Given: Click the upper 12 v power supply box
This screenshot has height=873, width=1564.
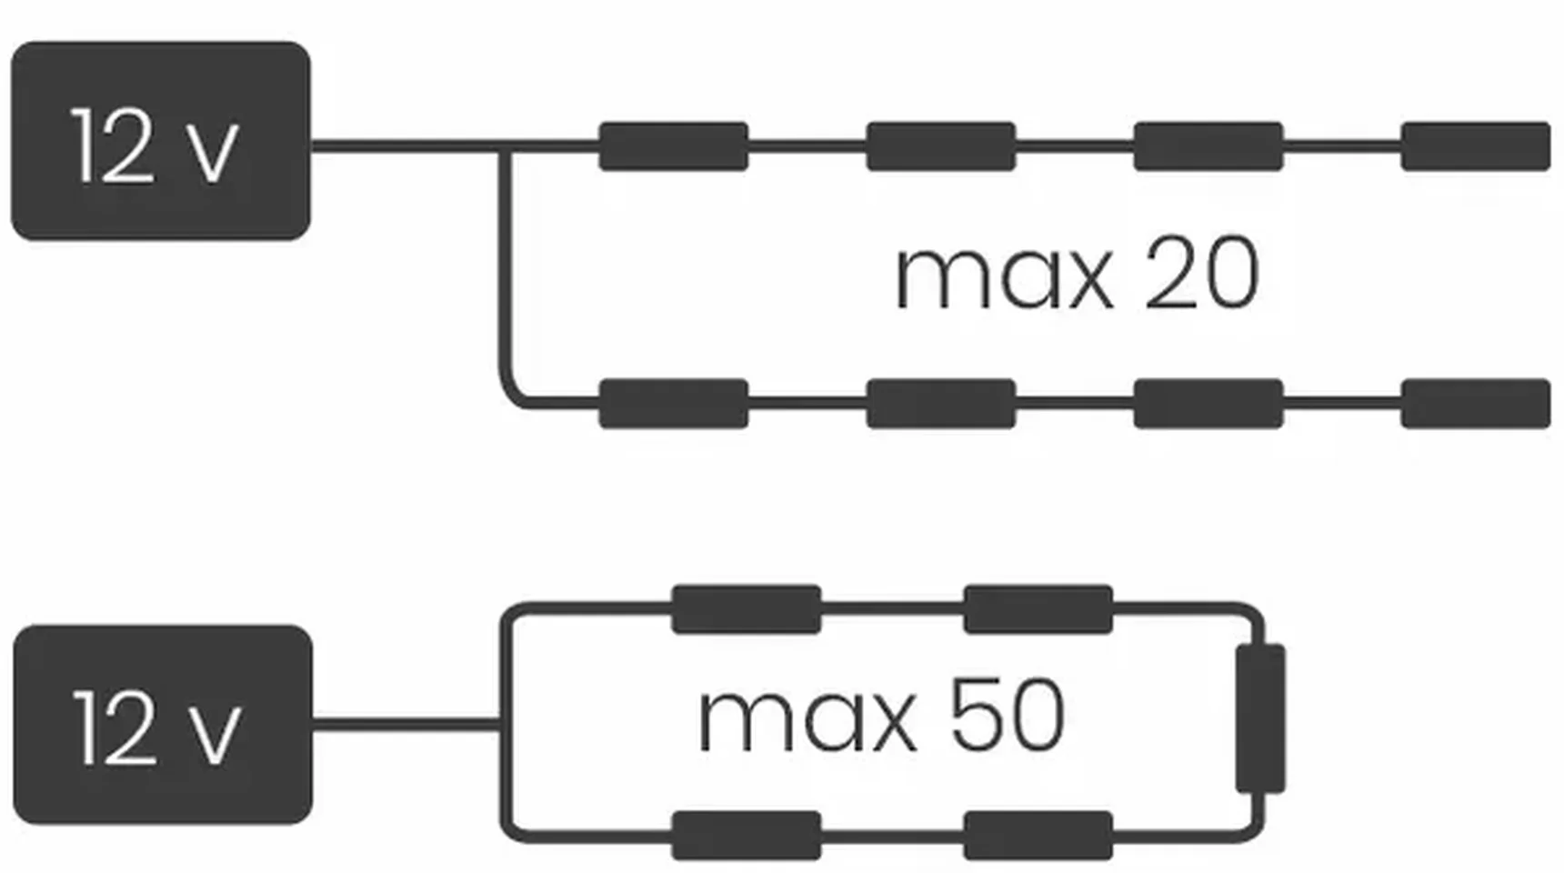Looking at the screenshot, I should point(160,141).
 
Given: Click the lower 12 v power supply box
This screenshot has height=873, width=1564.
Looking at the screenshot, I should point(162,724).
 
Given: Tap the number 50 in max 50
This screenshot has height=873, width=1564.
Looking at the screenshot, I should point(1007,717).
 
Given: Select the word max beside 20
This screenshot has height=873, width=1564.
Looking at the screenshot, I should point(1003,276).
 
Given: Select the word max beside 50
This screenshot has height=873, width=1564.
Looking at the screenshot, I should point(807,720).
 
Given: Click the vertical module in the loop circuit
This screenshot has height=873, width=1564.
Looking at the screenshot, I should point(1260,718).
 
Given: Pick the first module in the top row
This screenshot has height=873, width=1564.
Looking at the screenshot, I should point(673,146).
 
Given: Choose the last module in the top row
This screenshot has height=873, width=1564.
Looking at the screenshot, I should point(1475,146).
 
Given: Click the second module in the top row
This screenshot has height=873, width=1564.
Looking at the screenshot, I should point(940,146).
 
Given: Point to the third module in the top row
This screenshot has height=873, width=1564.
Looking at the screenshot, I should point(1208,146).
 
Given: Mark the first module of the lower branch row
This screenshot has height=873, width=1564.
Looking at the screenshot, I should point(673,404).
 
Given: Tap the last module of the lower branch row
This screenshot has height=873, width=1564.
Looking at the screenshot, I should point(1475,404).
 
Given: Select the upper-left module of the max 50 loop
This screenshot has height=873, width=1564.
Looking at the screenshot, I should point(746,609).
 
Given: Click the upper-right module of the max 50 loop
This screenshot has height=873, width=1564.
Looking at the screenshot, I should point(1038,609).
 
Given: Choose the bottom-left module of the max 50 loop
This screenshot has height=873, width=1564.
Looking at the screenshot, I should point(746,835).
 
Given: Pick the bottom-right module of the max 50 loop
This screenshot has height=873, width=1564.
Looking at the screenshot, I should point(1038,835).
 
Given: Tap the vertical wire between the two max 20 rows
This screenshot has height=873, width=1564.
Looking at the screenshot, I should point(503,273).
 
